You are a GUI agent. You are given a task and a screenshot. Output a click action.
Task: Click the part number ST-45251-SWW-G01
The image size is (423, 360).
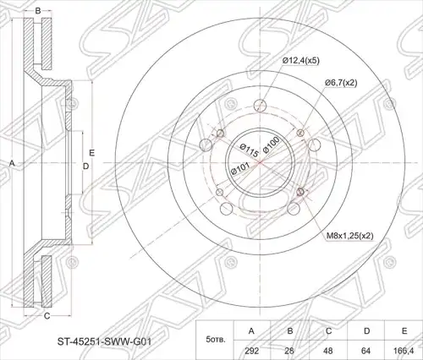pos(104,342)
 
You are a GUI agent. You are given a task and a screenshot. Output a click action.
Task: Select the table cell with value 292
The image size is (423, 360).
pos(251,351)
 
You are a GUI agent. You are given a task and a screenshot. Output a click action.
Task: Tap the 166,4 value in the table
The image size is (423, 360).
pos(404,351)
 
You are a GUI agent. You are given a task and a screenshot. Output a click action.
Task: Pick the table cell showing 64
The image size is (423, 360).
pos(366,351)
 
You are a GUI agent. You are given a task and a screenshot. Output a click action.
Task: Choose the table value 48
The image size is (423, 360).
pos(328,351)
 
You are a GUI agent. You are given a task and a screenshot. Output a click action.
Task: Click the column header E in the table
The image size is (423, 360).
pos(404,331)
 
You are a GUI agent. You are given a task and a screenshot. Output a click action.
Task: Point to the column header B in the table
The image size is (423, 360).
pos(290,331)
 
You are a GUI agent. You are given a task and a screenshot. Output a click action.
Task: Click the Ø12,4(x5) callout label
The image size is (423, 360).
pos(300,61)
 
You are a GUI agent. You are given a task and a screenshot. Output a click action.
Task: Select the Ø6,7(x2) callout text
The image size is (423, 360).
pos(341,83)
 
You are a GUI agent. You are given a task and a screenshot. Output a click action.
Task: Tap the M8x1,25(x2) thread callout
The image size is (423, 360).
pos(350,236)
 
